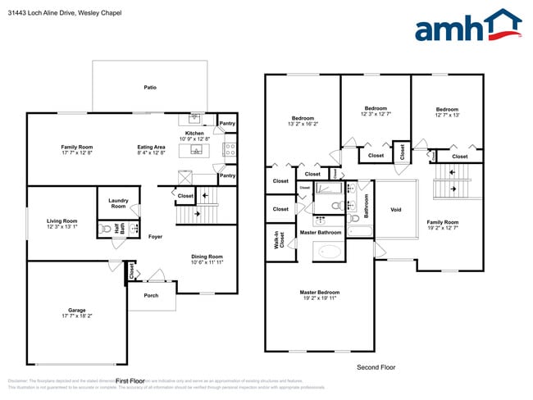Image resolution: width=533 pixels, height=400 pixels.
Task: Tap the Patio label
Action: pyautogui.click(x=150, y=87)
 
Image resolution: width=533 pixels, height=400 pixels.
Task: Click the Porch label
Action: pyautogui.click(x=151, y=296)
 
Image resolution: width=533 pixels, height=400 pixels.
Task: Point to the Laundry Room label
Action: pyautogui.click(x=118, y=203)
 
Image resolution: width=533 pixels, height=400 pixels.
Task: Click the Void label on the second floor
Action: pyautogui.click(x=395, y=209)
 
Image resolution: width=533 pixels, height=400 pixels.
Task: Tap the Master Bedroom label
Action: pyautogui.click(x=320, y=293)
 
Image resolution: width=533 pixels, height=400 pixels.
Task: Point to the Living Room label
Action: pyautogui.click(x=62, y=220)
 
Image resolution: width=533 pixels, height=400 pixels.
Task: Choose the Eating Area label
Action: pyautogui.click(x=151, y=148)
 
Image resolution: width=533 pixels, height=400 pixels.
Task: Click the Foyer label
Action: pyautogui.click(x=155, y=237)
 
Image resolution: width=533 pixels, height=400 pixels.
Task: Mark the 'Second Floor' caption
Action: pyautogui.click(x=376, y=367)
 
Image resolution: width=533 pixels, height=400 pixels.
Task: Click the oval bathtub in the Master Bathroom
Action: pyautogui.click(x=330, y=251)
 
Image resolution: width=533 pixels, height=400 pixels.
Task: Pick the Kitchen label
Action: pyautogui.click(x=194, y=134)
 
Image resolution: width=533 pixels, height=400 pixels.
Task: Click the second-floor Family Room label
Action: pyautogui.click(x=442, y=222)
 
